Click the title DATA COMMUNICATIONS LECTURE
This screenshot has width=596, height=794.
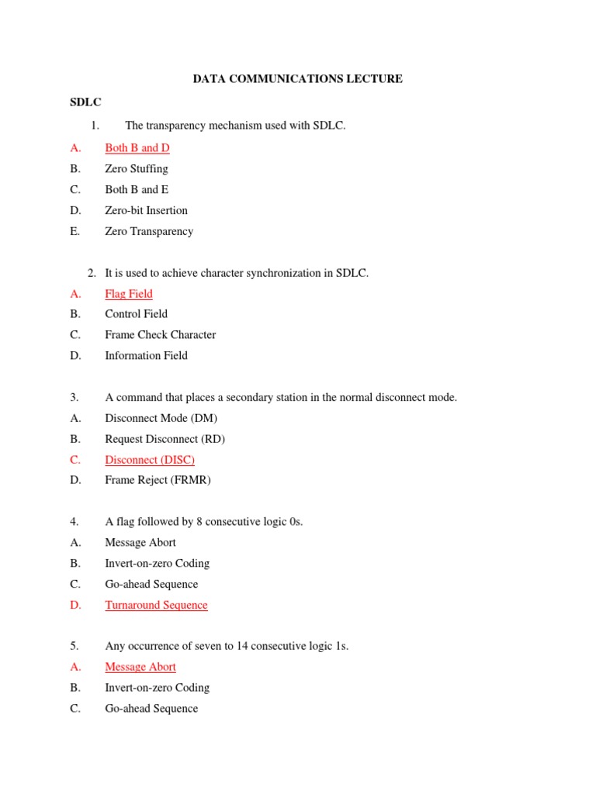(x=297, y=79)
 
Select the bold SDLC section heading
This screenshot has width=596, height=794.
(x=85, y=102)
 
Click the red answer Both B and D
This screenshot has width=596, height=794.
(x=137, y=147)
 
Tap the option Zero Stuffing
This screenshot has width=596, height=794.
(x=137, y=168)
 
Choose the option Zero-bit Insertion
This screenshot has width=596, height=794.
(x=146, y=210)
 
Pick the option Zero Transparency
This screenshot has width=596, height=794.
(x=149, y=231)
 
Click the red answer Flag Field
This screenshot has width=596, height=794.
(x=129, y=294)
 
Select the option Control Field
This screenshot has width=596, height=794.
(x=137, y=314)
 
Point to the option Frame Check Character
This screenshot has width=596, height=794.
(x=161, y=335)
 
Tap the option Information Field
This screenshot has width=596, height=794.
(x=146, y=356)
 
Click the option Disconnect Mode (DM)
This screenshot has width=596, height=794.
(x=161, y=418)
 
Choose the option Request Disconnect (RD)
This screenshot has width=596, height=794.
(x=165, y=439)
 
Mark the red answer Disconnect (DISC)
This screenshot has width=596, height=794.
(x=150, y=460)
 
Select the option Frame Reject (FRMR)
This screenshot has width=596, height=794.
(x=158, y=480)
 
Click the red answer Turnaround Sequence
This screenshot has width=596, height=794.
(x=156, y=605)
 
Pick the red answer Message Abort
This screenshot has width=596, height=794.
(x=140, y=667)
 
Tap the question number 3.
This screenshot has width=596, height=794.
(x=74, y=397)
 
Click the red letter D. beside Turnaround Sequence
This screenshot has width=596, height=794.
(x=75, y=605)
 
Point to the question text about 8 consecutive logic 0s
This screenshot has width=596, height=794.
(x=204, y=522)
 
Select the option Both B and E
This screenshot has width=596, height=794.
(x=137, y=189)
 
